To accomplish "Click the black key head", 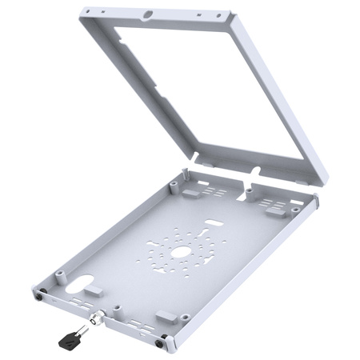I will click(x=67, y=340).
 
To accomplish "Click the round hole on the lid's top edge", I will click(x=149, y=14).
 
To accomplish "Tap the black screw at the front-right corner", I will click(x=163, y=345).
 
